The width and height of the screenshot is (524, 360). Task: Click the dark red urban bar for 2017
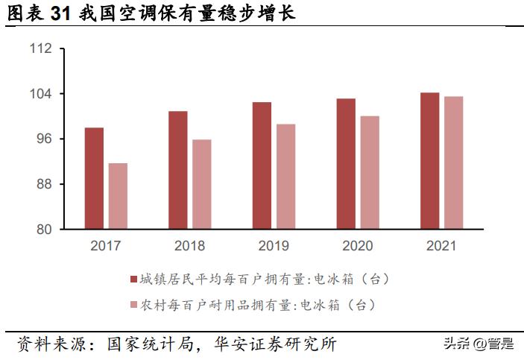click(94, 179)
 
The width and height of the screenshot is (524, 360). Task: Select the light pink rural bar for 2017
click(118, 196)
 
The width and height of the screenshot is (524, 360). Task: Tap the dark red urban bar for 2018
click(177, 170)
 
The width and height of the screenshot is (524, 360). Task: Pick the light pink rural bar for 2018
click(202, 184)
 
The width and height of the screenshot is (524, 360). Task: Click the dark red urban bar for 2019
click(262, 165)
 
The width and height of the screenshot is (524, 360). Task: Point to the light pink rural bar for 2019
click(285, 177)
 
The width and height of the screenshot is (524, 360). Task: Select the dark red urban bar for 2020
click(345, 164)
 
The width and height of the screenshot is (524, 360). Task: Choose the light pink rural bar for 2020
click(370, 173)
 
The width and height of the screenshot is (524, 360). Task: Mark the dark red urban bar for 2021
click(429, 161)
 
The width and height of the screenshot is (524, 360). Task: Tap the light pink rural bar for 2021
click(453, 162)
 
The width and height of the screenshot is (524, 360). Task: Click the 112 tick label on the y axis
click(42, 49)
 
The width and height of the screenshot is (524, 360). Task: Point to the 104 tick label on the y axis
click(42, 94)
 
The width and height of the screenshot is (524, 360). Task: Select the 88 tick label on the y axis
click(45, 184)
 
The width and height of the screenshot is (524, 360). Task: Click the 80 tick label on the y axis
click(45, 230)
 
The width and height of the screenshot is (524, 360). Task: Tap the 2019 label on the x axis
click(274, 245)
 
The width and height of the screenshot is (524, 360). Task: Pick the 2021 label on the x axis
click(441, 245)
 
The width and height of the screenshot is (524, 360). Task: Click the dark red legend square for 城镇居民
click(134, 280)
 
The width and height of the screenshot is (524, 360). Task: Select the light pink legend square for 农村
click(134, 305)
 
